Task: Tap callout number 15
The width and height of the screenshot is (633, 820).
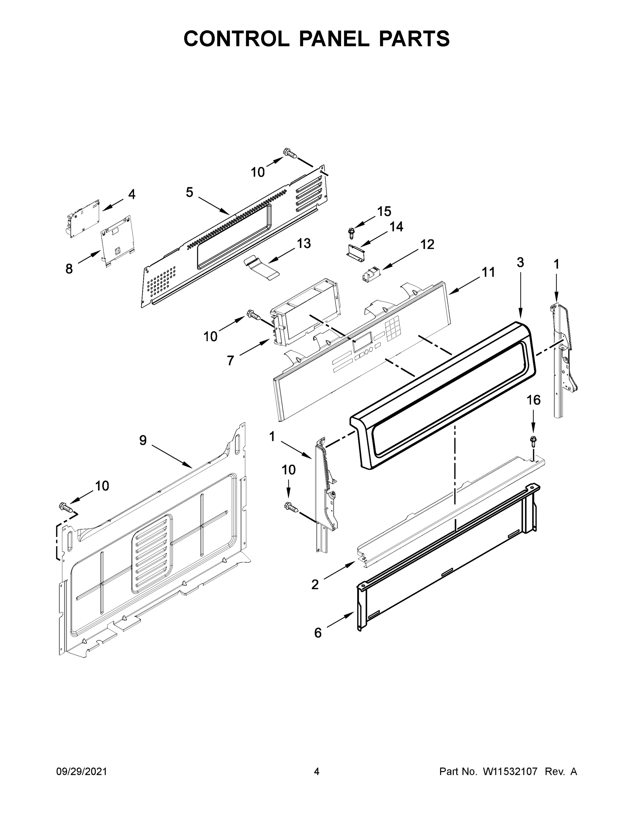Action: [x=384, y=211]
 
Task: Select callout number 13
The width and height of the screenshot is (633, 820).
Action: [x=304, y=243]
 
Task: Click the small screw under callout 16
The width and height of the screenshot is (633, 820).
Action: [x=533, y=440]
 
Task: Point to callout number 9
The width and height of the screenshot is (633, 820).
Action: [x=143, y=440]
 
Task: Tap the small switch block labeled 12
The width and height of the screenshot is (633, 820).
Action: [x=371, y=276]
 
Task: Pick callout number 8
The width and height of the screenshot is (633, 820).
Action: [x=69, y=269]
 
